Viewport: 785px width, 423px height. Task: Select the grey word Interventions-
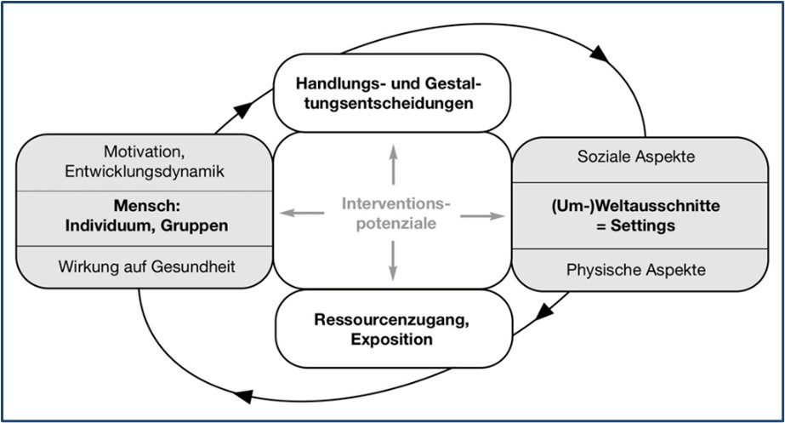[x=393, y=203]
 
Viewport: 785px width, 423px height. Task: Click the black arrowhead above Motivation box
[x=243, y=108]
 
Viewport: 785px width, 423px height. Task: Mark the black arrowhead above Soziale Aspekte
[x=599, y=54]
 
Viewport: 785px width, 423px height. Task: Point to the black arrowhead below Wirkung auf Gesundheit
[x=242, y=397]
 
